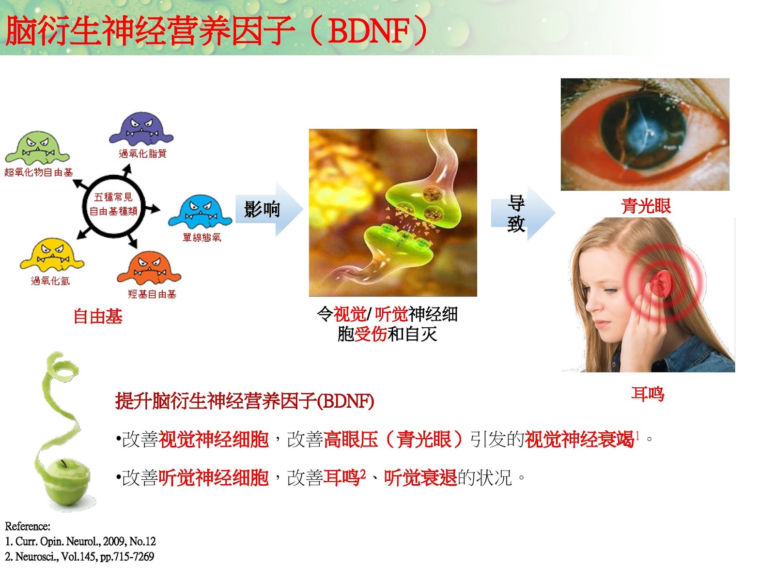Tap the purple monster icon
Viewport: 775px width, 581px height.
click(141, 128)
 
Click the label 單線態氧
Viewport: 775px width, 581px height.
click(201, 237)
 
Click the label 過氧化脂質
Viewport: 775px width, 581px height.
click(142, 153)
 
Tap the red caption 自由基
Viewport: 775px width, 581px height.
click(98, 317)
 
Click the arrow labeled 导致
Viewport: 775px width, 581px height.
click(521, 213)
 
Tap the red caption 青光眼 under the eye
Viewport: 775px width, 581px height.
click(646, 206)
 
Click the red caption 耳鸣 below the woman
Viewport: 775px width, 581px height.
click(647, 394)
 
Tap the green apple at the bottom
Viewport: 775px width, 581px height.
click(67, 484)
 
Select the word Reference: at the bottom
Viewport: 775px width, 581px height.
click(28, 526)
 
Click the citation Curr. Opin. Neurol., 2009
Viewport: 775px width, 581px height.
click(80, 541)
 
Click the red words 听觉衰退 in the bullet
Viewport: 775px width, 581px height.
click(420, 478)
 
